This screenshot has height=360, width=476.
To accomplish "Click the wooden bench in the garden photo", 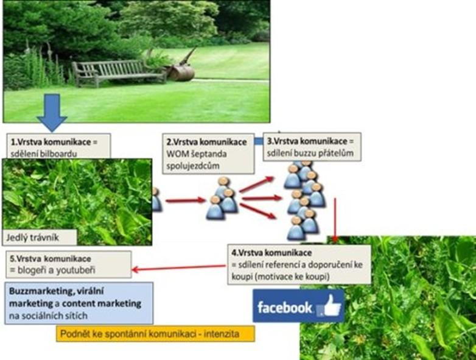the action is pos(119,72).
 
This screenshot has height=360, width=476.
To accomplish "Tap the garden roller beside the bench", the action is pos(181,68).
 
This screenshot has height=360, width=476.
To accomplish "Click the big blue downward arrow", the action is pos(52,113).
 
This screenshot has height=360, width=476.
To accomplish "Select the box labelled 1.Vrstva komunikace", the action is pos(59,146).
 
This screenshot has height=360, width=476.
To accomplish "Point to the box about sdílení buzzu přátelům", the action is pos(312,147).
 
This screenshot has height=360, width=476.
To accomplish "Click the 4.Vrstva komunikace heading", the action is pos(271,252).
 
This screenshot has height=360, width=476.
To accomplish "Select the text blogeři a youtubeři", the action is pos(57,270).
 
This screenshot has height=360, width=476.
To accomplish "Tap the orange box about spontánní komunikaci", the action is pos(155,334).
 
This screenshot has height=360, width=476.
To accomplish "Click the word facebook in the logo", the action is pos(284,308).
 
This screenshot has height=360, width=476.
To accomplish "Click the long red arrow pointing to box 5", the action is pos(179,267).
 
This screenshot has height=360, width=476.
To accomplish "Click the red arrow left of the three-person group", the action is pos(186,200).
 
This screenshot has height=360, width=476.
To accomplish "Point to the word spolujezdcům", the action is pos(193,166).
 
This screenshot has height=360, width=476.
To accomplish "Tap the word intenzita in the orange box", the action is pos(222,334).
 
